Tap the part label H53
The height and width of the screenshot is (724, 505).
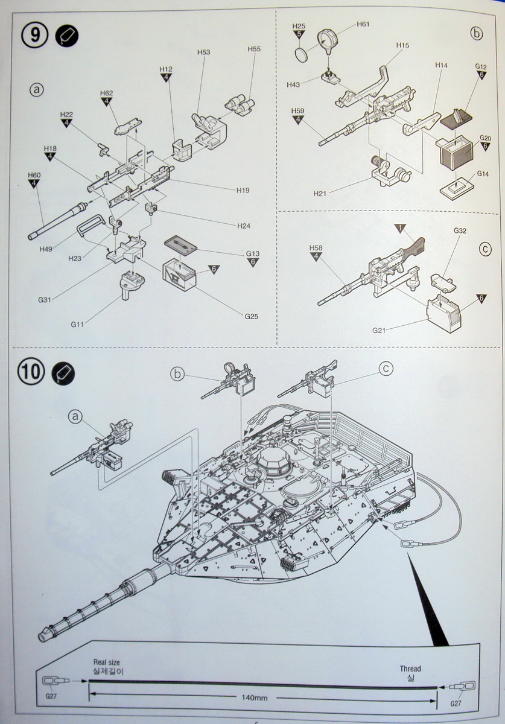pos(203,53)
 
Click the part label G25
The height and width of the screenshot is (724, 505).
pos(252,316)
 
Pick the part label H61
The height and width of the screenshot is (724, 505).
pos(363,24)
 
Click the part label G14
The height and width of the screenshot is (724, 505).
pos(483,174)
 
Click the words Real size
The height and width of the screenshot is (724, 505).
pos(106,662)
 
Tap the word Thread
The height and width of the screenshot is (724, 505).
pos(410,668)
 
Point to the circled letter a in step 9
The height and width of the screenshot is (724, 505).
pos(37,90)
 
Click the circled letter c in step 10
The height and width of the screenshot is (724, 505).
pos(387,367)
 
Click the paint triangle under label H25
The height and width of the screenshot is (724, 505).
pos(299,34)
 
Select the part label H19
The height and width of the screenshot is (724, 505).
pos(243,190)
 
